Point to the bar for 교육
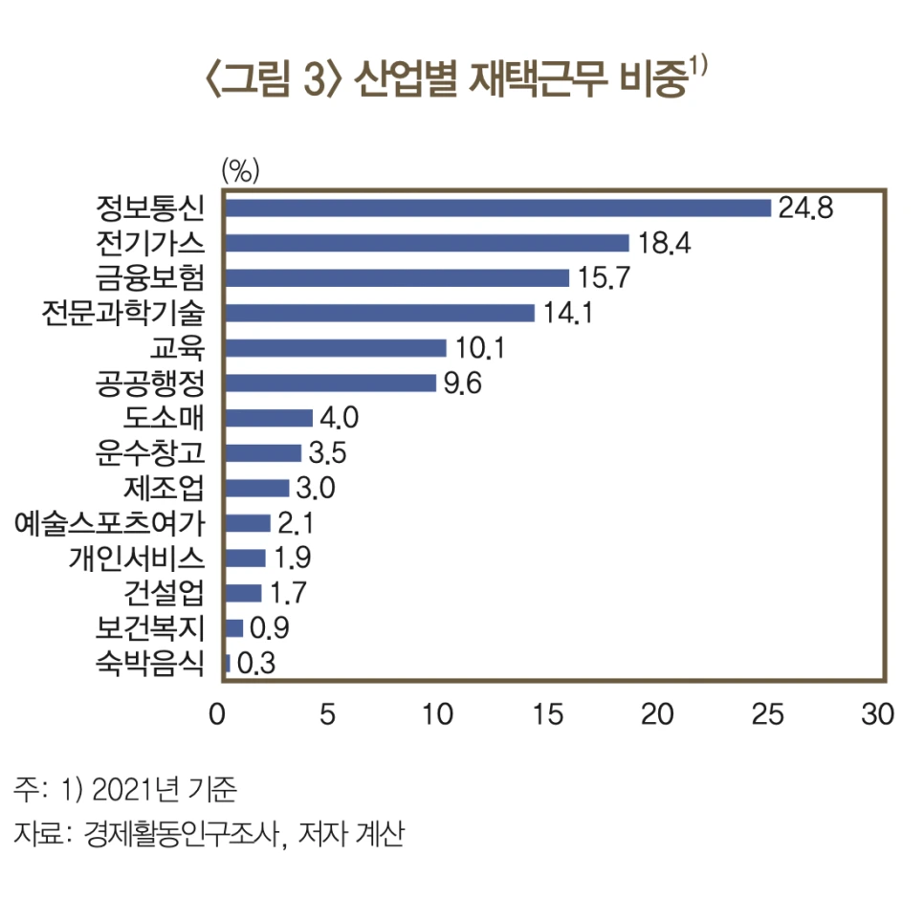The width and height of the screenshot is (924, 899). point(336,348)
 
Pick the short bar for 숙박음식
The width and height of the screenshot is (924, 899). point(228,663)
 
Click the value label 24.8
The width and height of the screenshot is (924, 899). point(805,208)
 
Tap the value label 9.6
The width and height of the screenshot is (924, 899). point(463,384)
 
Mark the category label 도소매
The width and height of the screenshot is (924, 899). point(165,418)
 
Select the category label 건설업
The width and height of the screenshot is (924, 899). point(165,593)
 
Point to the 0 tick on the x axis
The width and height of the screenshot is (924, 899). point(218,715)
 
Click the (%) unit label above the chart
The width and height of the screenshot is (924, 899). point(240,171)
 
